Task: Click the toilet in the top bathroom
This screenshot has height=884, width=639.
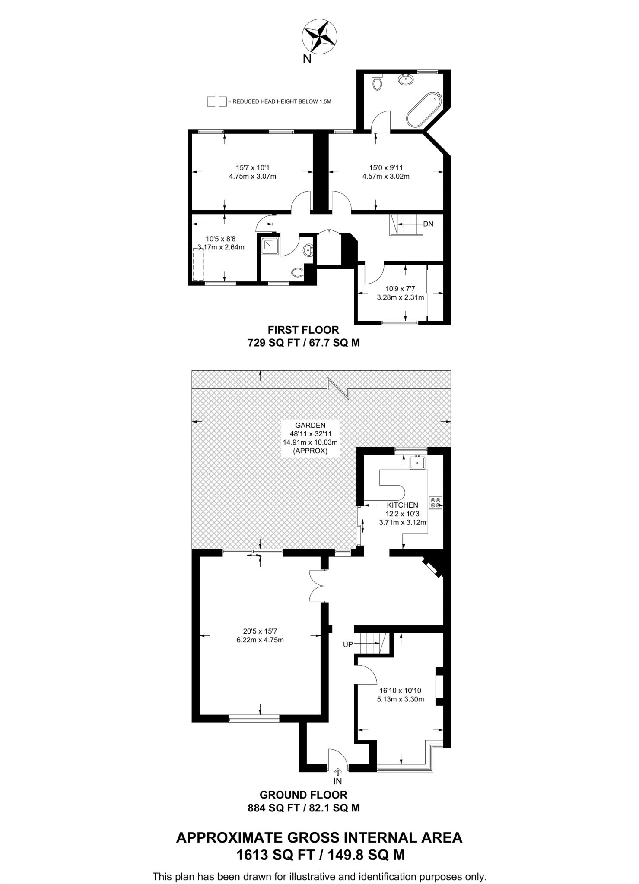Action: (378, 82)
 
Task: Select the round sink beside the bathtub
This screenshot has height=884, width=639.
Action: (405, 79)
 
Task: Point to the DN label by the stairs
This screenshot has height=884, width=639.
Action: (428, 224)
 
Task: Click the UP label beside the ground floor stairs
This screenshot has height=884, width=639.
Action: (348, 645)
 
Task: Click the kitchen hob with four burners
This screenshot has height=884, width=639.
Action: (436, 502)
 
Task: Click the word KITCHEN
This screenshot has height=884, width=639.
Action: (402, 505)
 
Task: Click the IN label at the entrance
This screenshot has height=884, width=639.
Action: (337, 781)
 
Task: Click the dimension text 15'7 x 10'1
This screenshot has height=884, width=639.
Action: (253, 167)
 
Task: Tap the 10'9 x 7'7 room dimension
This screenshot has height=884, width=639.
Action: (400, 289)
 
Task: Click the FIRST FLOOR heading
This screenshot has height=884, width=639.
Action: (303, 330)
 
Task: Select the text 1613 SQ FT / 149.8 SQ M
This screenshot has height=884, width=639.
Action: (320, 855)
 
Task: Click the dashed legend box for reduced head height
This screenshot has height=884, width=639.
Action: (216, 101)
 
